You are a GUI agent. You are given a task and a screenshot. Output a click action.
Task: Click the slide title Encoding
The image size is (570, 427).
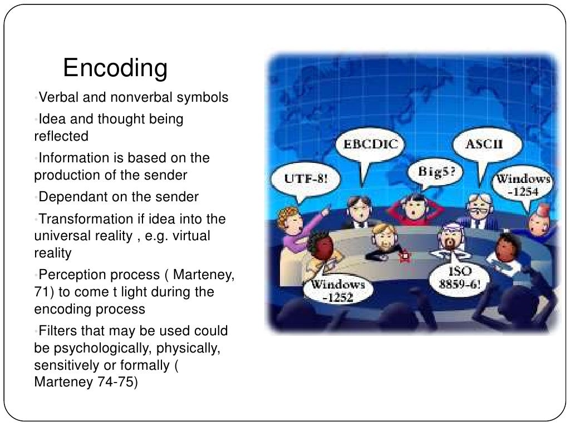pyautogui.click(x=115, y=68)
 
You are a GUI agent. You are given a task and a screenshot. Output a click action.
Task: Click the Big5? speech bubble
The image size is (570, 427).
pyautogui.click(x=436, y=171)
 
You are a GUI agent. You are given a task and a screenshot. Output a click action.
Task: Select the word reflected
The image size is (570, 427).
pyautogui.click(x=61, y=136)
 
